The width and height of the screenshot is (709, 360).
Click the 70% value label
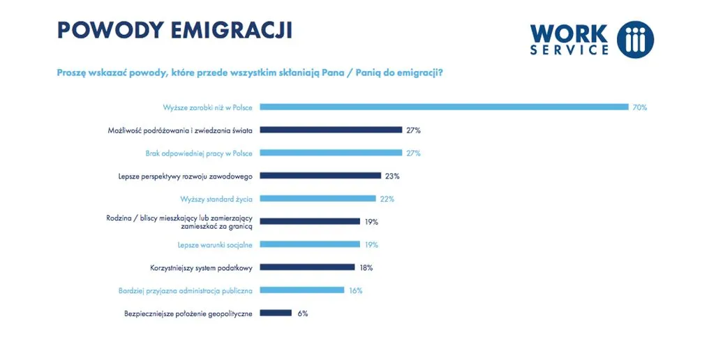pos(640,107)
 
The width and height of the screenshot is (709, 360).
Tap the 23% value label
pos(391,176)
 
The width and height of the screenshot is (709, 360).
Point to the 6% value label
pos(303,313)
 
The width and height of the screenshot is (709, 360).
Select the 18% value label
pos(366,267)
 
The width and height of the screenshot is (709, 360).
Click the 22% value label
pos(387,199)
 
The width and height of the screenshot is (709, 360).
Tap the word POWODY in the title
pos(103,30)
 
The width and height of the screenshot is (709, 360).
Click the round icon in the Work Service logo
pos(635,39)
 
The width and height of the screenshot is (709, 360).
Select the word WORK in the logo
pos(569,33)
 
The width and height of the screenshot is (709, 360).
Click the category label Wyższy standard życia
pos(216,199)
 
